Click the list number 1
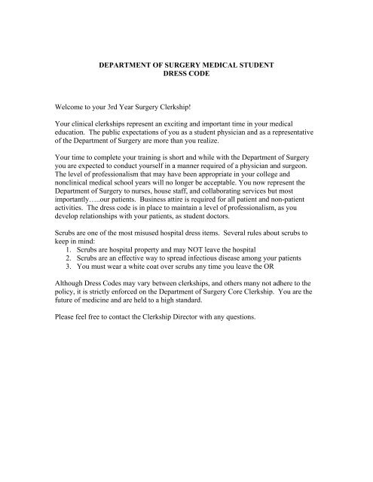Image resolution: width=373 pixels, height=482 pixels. pos(69,277)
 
